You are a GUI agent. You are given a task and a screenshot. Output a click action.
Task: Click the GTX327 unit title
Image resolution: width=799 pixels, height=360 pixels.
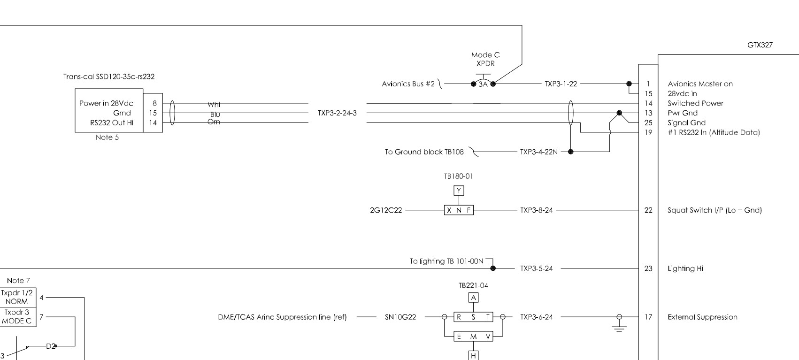click(760, 46)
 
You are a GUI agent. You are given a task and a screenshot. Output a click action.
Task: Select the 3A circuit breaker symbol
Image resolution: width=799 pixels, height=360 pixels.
click(483, 84)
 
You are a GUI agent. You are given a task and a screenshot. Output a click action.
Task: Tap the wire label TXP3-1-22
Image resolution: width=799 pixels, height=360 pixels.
click(561, 84)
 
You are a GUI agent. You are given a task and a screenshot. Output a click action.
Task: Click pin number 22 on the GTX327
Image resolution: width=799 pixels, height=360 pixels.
click(648, 210)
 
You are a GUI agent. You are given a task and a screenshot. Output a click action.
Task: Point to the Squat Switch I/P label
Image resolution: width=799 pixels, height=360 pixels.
click(714, 210)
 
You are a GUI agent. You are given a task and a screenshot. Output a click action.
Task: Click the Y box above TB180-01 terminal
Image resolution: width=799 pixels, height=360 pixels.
click(459, 191)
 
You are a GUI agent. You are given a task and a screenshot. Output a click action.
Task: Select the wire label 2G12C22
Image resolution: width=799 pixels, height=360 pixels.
click(385, 210)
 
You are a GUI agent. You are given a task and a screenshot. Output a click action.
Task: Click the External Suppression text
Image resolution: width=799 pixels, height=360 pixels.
click(702, 317)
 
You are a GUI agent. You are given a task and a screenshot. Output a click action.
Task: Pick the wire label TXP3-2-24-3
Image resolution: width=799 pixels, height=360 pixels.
click(337, 113)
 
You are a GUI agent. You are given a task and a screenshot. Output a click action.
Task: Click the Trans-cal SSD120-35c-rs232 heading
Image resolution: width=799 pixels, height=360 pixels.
click(109, 77)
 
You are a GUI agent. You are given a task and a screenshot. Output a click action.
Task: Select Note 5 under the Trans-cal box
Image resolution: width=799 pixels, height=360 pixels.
click(107, 138)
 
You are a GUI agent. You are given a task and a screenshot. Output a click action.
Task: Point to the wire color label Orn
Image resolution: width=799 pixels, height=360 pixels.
click(214, 122)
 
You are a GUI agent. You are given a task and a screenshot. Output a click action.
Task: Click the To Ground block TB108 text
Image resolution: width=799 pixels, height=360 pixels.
click(424, 152)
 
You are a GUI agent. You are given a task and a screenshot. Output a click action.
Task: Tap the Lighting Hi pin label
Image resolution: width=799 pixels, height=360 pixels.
click(685, 268)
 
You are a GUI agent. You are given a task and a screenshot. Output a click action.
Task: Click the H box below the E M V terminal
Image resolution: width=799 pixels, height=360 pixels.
click(473, 356)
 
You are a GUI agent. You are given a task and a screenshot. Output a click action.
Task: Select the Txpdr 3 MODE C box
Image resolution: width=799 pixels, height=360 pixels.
click(16, 316)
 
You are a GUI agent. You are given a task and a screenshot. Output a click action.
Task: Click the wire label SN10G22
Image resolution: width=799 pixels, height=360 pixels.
click(400, 317)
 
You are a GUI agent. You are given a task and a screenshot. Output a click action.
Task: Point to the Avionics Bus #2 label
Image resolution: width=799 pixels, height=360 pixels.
click(408, 84)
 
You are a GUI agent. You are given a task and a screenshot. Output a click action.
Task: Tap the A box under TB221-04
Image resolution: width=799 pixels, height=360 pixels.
click(473, 298)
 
